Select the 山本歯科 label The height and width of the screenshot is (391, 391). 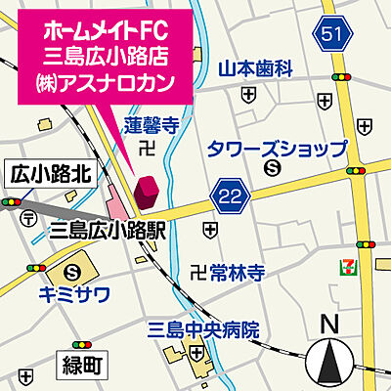[255, 68]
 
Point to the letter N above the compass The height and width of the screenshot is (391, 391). [329, 326]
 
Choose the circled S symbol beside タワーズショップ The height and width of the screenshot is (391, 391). [271, 169]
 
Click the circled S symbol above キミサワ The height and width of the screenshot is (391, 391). [73, 273]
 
